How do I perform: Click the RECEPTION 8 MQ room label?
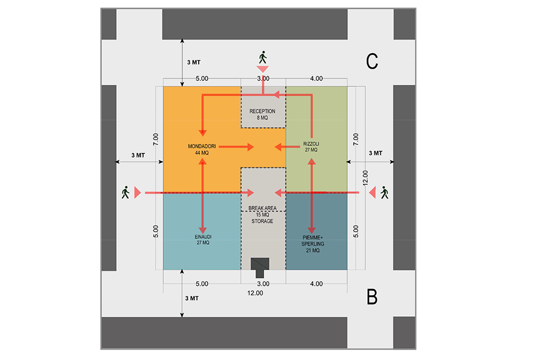(262, 115)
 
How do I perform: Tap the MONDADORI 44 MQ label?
(202, 150)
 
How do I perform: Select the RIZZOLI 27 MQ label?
(311, 147)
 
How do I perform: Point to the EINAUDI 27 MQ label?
(203, 239)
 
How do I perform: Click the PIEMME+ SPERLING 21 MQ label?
(313, 244)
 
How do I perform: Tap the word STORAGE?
(262, 222)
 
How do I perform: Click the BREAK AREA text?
(262, 208)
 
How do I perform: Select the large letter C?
(372, 61)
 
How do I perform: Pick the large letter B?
(372, 297)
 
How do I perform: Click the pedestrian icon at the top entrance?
(262, 57)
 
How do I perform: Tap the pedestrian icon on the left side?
(125, 193)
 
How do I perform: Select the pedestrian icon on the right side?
(385, 193)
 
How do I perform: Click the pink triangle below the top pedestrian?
(262, 69)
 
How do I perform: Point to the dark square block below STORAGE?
(260, 264)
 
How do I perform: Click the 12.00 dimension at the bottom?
(255, 293)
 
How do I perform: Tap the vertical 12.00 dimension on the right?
(365, 178)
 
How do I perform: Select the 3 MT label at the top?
(194, 63)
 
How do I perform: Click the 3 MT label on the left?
(138, 155)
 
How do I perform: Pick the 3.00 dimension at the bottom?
(263, 284)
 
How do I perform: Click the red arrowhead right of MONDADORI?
(251, 147)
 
